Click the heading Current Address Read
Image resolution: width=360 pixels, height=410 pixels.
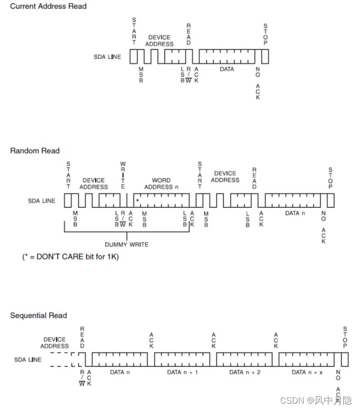pyautogui.click(x=48, y=6)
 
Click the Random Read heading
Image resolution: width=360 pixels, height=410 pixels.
pyautogui.click(x=35, y=151)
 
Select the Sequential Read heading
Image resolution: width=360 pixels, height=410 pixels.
pyautogui.click(x=39, y=316)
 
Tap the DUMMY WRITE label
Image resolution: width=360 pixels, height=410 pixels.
pyautogui.click(x=126, y=244)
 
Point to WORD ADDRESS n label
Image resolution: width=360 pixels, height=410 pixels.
pyautogui.click(x=161, y=184)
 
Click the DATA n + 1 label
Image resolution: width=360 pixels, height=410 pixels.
pyautogui.click(x=183, y=372)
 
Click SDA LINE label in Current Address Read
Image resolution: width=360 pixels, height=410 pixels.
pyautogui.click(x=108, y=57)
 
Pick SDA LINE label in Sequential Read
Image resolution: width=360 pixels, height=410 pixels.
pyautogui.click(x=28, y=360)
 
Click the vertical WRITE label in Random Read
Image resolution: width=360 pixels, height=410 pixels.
pyautogui.click(x=123, y=175)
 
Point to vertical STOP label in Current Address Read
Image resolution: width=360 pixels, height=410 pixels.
pyautogui.click(x=265, y=35)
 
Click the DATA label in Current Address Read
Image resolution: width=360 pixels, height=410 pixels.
pyautogui.click(x=227, y=69)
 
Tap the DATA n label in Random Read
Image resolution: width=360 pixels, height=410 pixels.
pyautogui.click(x=292, y=213)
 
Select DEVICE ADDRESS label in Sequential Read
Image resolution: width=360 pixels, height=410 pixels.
pyautogui.click(x=55, y=343)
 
